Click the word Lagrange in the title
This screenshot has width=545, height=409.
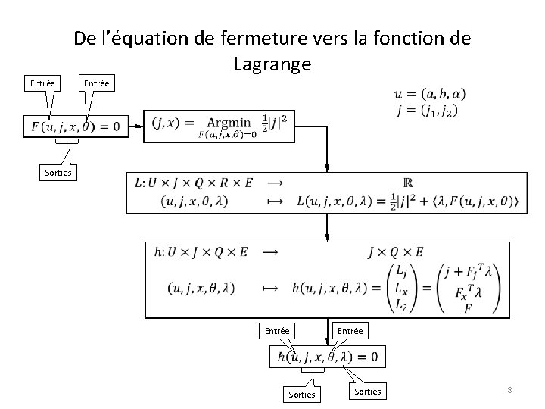point(272,65)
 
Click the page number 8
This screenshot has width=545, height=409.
point(509,390)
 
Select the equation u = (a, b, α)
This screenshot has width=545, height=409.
point(429,94)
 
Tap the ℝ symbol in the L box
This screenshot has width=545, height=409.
point(408,183)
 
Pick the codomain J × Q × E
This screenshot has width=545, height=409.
point(395,253)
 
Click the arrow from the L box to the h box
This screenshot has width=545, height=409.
point(326,227)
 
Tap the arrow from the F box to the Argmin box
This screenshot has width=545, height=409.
point(139,126)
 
